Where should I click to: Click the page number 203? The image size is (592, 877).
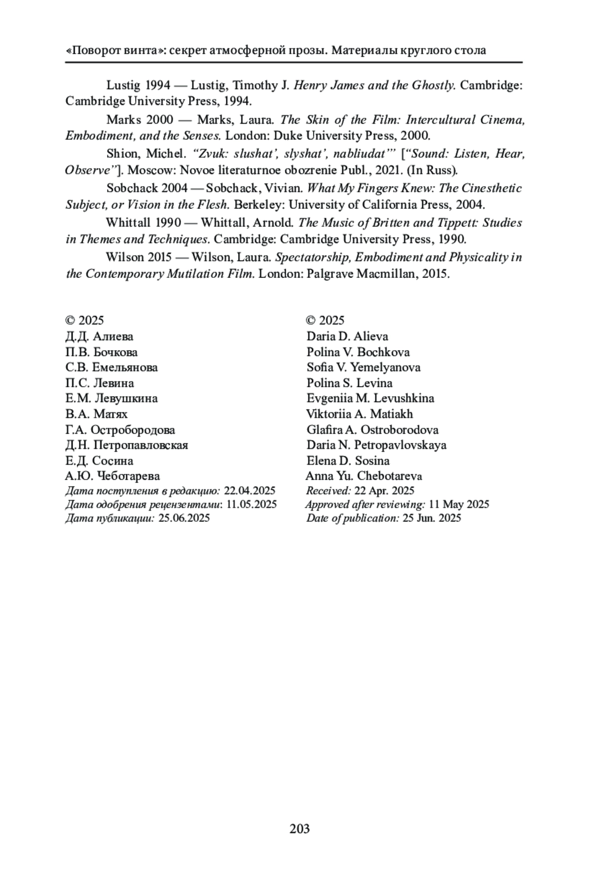pyautogui.click(x=299, y=829)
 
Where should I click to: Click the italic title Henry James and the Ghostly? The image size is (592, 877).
pyautogui.click(x=374, y=85)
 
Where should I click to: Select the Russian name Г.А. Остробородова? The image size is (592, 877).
pyautogui.click(x=120, y=430)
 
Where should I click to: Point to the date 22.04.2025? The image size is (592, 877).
pyautogui.click(x=250, y=491)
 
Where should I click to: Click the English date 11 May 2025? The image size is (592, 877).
pyautogui.click(x=459, y=504)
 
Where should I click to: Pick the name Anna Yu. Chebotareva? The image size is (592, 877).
pyautogui.click(x=364, y=476)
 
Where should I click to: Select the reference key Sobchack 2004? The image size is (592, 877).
pyautogui.click(x=146, y=188)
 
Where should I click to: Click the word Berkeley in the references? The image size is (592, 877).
pyautogui.click(x=256, y=205)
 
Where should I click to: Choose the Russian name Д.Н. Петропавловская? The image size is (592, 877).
pyautogui.click(x=126, y=445)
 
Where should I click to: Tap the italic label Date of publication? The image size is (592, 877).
pyautogui.click(x=352, y=518)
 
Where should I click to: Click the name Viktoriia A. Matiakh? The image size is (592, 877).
pyautogui.click(x=359, y=414)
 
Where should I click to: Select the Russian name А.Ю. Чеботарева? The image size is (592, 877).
pyautogui.click(x=112, y=476)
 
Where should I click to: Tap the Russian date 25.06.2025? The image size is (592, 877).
pyautogui.click(x=184, y=518)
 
